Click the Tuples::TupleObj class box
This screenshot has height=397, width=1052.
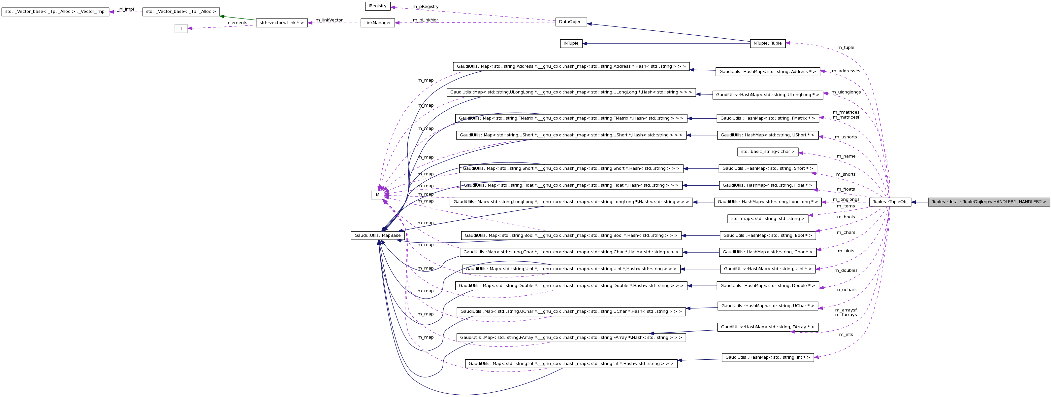(x=890, y=202)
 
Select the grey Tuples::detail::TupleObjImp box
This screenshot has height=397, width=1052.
(x=989, y=202)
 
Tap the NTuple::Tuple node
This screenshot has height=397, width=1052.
(x=767, y=43)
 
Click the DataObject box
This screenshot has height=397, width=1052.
(x=571, y=22)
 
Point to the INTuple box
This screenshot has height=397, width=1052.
(x=571, y=43)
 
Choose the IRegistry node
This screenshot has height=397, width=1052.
(x=377, y=6)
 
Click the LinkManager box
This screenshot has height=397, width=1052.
(x=377, y=23)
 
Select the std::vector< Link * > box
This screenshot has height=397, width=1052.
(x=281, y=23)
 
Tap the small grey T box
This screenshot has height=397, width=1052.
(x=181, y=29)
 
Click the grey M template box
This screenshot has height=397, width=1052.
(x=377, y=195)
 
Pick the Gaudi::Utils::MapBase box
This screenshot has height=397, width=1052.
(x=377, y=235)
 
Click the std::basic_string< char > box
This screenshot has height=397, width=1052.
(x=767, y=152)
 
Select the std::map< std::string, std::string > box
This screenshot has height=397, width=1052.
(x=767, y=219)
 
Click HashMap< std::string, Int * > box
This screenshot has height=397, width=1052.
(x=767, y=357)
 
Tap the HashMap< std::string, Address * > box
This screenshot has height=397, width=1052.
(x=767, y=72)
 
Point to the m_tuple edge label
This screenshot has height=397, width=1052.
(x=845, y=48)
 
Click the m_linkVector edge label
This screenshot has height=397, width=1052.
(x=329, y=20)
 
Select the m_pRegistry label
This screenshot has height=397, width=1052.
(x=425, y=7)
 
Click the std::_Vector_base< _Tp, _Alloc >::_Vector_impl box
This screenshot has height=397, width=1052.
(x=55, y=12)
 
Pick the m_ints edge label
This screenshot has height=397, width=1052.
(x=846, y=335)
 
